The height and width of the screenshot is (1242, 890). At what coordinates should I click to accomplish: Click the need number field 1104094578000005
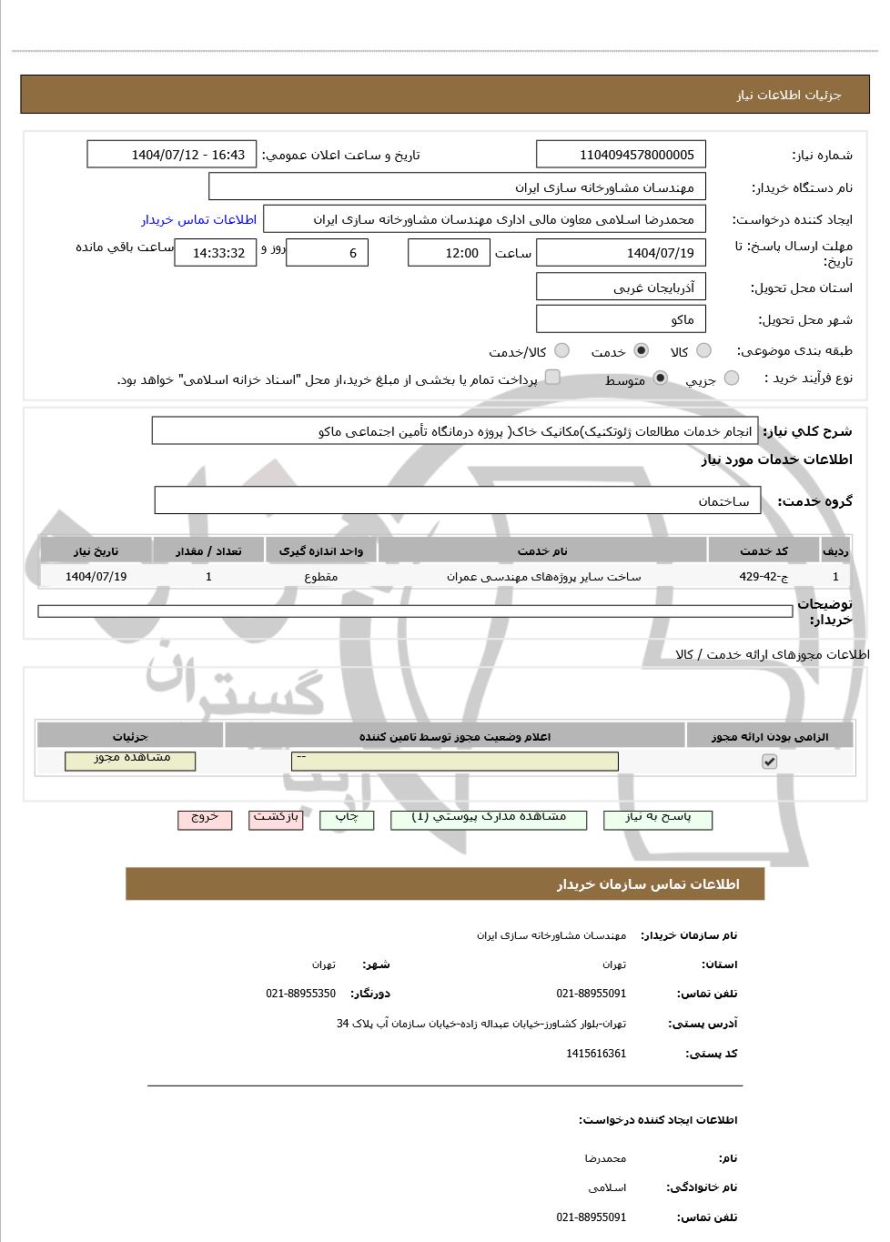pyautogui.click(x=621, y=155)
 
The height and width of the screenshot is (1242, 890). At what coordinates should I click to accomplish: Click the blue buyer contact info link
pyautogui.click(x=198, y=219)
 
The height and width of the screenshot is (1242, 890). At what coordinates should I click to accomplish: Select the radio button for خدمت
pyautogui.click(x=642, y=351)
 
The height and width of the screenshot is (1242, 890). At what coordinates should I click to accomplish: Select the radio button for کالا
pyautogui.click(x=703, y=351)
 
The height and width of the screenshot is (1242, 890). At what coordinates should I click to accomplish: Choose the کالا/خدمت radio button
pyautogui.click(x=561, y=351)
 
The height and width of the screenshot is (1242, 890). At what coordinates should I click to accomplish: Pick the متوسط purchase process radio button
pyautogui.click(x=661, y=379)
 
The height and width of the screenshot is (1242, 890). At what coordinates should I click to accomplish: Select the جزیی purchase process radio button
pyautogui.click(x=732, y=379)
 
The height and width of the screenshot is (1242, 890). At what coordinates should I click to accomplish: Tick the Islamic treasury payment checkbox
pyautogui.click(x=552, y=378)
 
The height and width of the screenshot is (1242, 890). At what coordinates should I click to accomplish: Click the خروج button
pyautogui.click(x=205, y=819)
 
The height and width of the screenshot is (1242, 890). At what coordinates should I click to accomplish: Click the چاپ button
pyautogui.click(x=347, y=819)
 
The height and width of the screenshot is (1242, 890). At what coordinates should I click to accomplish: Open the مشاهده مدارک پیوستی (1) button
pyautogui.click(x=489, y=819)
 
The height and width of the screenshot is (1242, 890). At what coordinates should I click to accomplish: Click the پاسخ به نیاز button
pyautogui.click(x=658, y=819)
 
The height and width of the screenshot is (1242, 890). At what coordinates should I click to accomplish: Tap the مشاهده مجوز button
pyautogui.click(x=130, y=760)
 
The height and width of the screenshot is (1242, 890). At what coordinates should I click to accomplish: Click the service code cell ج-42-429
pyautogui.click(x=764, y=576)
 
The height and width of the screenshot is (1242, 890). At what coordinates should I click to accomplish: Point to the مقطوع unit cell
pyautogui.click(x=321, y=576)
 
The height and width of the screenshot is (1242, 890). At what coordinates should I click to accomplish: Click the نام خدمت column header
pyautogui.click(x=542, y=550)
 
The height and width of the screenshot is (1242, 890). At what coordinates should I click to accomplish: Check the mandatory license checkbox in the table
pyautogui.click(x=769, y=761)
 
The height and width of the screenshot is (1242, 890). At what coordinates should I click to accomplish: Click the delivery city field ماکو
pyautogui.click(x=621, y=319)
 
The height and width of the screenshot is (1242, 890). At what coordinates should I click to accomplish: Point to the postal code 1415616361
pyautogui.click(x=596, y=1054)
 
